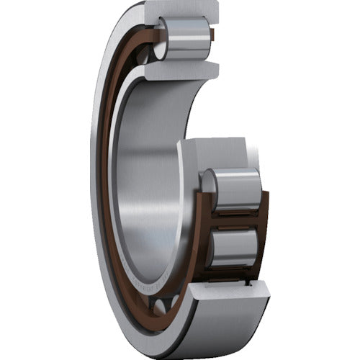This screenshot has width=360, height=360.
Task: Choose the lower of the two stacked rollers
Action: point(234,248)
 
